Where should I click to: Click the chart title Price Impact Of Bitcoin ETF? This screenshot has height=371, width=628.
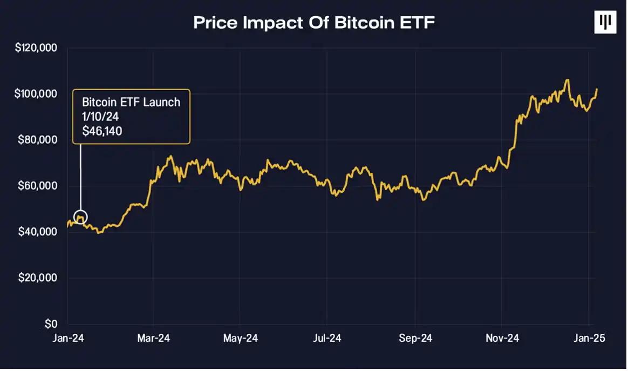pyautogui.click(x=313, y=23)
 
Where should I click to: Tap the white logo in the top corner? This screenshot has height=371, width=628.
pyautogui.click(x=605, y=22)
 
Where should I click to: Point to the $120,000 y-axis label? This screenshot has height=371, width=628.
pyautogui.click(x=36, y=48)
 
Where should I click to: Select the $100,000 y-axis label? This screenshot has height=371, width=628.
pyautogui.click(x=36, y=94)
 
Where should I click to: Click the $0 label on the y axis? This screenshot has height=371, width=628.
pyautogui.click(x=50, y=324)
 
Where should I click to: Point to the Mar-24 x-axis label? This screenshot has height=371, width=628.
pyautogui.click(x=154, y=339)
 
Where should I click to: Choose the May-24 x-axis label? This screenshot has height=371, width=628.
pyautogui.click(x=241, y=339)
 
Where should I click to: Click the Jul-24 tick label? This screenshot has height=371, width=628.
pyautogui.click(x=327, y=339)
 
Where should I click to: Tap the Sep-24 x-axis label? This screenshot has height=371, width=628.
pyautogui.click(x=415, y=339)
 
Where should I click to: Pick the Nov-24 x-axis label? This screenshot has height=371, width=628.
pyautogui.click(x=502, y=339)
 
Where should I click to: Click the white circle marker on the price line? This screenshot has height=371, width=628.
pyautogui.click(x=80, y=218)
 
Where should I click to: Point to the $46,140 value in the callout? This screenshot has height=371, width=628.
pyautogui.click(x=102, y=130)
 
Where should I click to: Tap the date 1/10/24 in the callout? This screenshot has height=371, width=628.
pyautogui.click(x=100, y=116)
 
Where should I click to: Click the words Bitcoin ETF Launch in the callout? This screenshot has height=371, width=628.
pyautogui.click(x=131, y=102)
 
